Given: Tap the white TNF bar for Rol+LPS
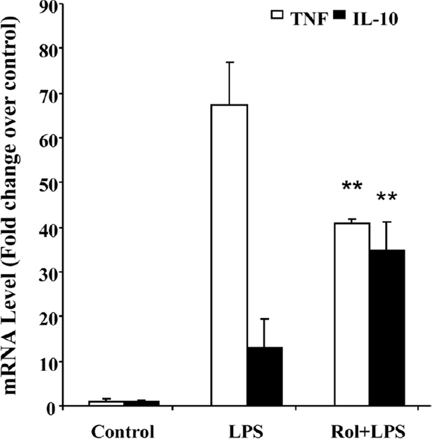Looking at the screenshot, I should coord(352,314).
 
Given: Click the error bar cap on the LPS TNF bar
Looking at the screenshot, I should coord(229,62).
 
